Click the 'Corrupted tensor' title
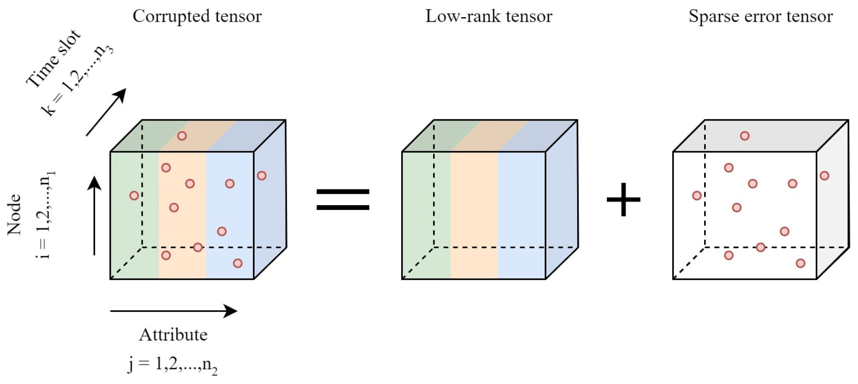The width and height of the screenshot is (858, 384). [x=197, y=17]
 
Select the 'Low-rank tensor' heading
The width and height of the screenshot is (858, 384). [x=489, y=17]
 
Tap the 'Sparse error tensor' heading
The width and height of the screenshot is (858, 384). [x=760, y=17]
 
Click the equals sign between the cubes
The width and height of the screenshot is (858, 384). [x=343, y=200]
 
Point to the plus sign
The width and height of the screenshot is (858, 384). [x=623, y=200]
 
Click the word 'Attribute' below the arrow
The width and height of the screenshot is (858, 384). [x=173, y=335]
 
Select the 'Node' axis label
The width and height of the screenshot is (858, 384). [x=14, y=214]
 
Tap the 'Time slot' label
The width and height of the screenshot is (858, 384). [x=53, y=59]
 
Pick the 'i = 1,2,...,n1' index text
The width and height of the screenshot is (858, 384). [x=45, y=215]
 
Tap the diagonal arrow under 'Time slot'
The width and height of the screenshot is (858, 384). [x=106, y=112]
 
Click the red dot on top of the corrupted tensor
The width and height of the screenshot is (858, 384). [x=182, y=136]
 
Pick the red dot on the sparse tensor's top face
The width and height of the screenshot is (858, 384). [x=745, y=136]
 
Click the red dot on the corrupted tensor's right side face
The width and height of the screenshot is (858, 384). [x=262, y=175]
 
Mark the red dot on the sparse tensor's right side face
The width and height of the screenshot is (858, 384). [x=824, y=175]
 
